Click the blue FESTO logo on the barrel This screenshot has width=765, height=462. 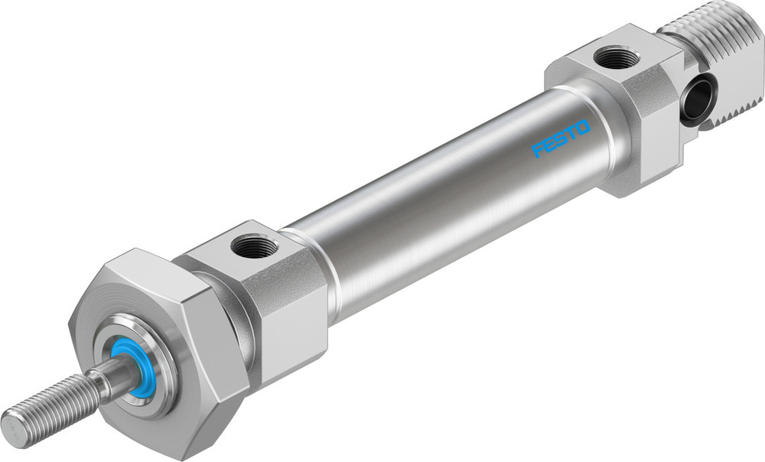pyautogui.click(x=561, y=138)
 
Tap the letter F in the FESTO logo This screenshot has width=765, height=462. pyautogui.click(x=537, y=149)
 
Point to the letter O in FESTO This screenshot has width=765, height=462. pyautogui.click(x=583, y=126)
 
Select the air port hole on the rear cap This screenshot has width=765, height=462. pyautogui.click(x=617, y=57)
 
